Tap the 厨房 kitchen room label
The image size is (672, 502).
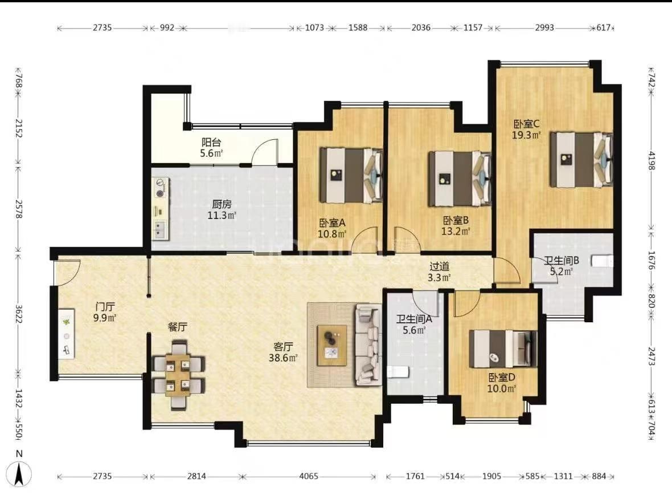coord(222,204)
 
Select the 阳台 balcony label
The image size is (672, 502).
coord(211,142)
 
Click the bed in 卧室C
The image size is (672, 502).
coord(581,159)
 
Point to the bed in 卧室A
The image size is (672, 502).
coord(351,175)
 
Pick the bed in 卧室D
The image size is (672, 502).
coord(503,349)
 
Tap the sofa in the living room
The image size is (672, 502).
coord(368,345)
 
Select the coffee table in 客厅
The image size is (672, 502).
coord(331,345)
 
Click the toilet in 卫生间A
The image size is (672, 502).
coord(398,372)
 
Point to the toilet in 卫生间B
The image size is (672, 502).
coord(602,261)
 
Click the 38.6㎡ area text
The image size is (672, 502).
coord(283,357)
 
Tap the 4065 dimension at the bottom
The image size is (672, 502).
coord(309,476)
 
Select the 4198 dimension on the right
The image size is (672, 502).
coord(651,161)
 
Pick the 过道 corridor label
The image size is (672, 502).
coord(439,266)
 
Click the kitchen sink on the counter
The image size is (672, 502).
coord(160,229)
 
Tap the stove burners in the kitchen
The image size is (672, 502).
coord(161,188)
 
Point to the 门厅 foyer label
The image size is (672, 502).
coord(105,307)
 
